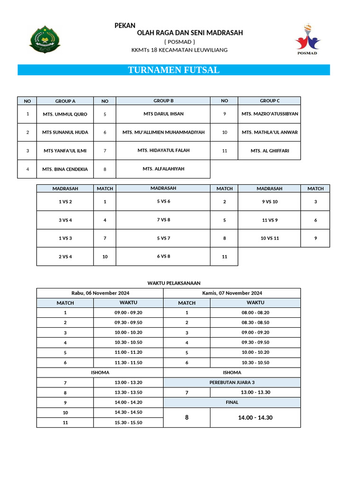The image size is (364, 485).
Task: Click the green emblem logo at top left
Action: click(x=45, y=40)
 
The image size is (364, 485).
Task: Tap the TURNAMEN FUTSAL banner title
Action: click(x=173, y=70)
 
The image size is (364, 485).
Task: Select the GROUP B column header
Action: click(x=164, y=101)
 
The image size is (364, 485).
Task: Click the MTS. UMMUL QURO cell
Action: click(x=65, y=114)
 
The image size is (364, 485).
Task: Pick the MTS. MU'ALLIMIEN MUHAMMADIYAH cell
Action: click(x=164, y=133)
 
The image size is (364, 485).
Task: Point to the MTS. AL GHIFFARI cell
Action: click(x=270, y=151)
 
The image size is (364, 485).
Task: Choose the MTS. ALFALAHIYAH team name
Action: click(x=164, y=169)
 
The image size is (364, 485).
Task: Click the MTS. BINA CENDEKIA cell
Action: click(x=65, y=169)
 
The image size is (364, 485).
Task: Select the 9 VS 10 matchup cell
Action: click(x=270, y=202)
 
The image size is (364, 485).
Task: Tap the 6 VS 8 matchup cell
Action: click(x=164, y=256)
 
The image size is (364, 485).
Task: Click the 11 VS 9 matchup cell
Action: click(x=270, y=220)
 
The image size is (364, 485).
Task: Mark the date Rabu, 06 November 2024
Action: click(x=100, y=293)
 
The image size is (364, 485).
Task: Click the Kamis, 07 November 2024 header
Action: click(x=232, y=293)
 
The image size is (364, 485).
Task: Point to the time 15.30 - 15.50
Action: click(x=128, y=422)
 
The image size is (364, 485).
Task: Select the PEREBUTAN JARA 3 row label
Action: click(x=232, y=382)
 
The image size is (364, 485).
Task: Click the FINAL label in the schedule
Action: click(x=232, y=402)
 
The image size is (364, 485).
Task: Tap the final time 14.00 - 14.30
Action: click(x=255, y=418)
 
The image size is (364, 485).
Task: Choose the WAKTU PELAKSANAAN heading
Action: click(x=173, y=283)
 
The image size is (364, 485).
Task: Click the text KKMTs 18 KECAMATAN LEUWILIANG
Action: click(x=179, y=50)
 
